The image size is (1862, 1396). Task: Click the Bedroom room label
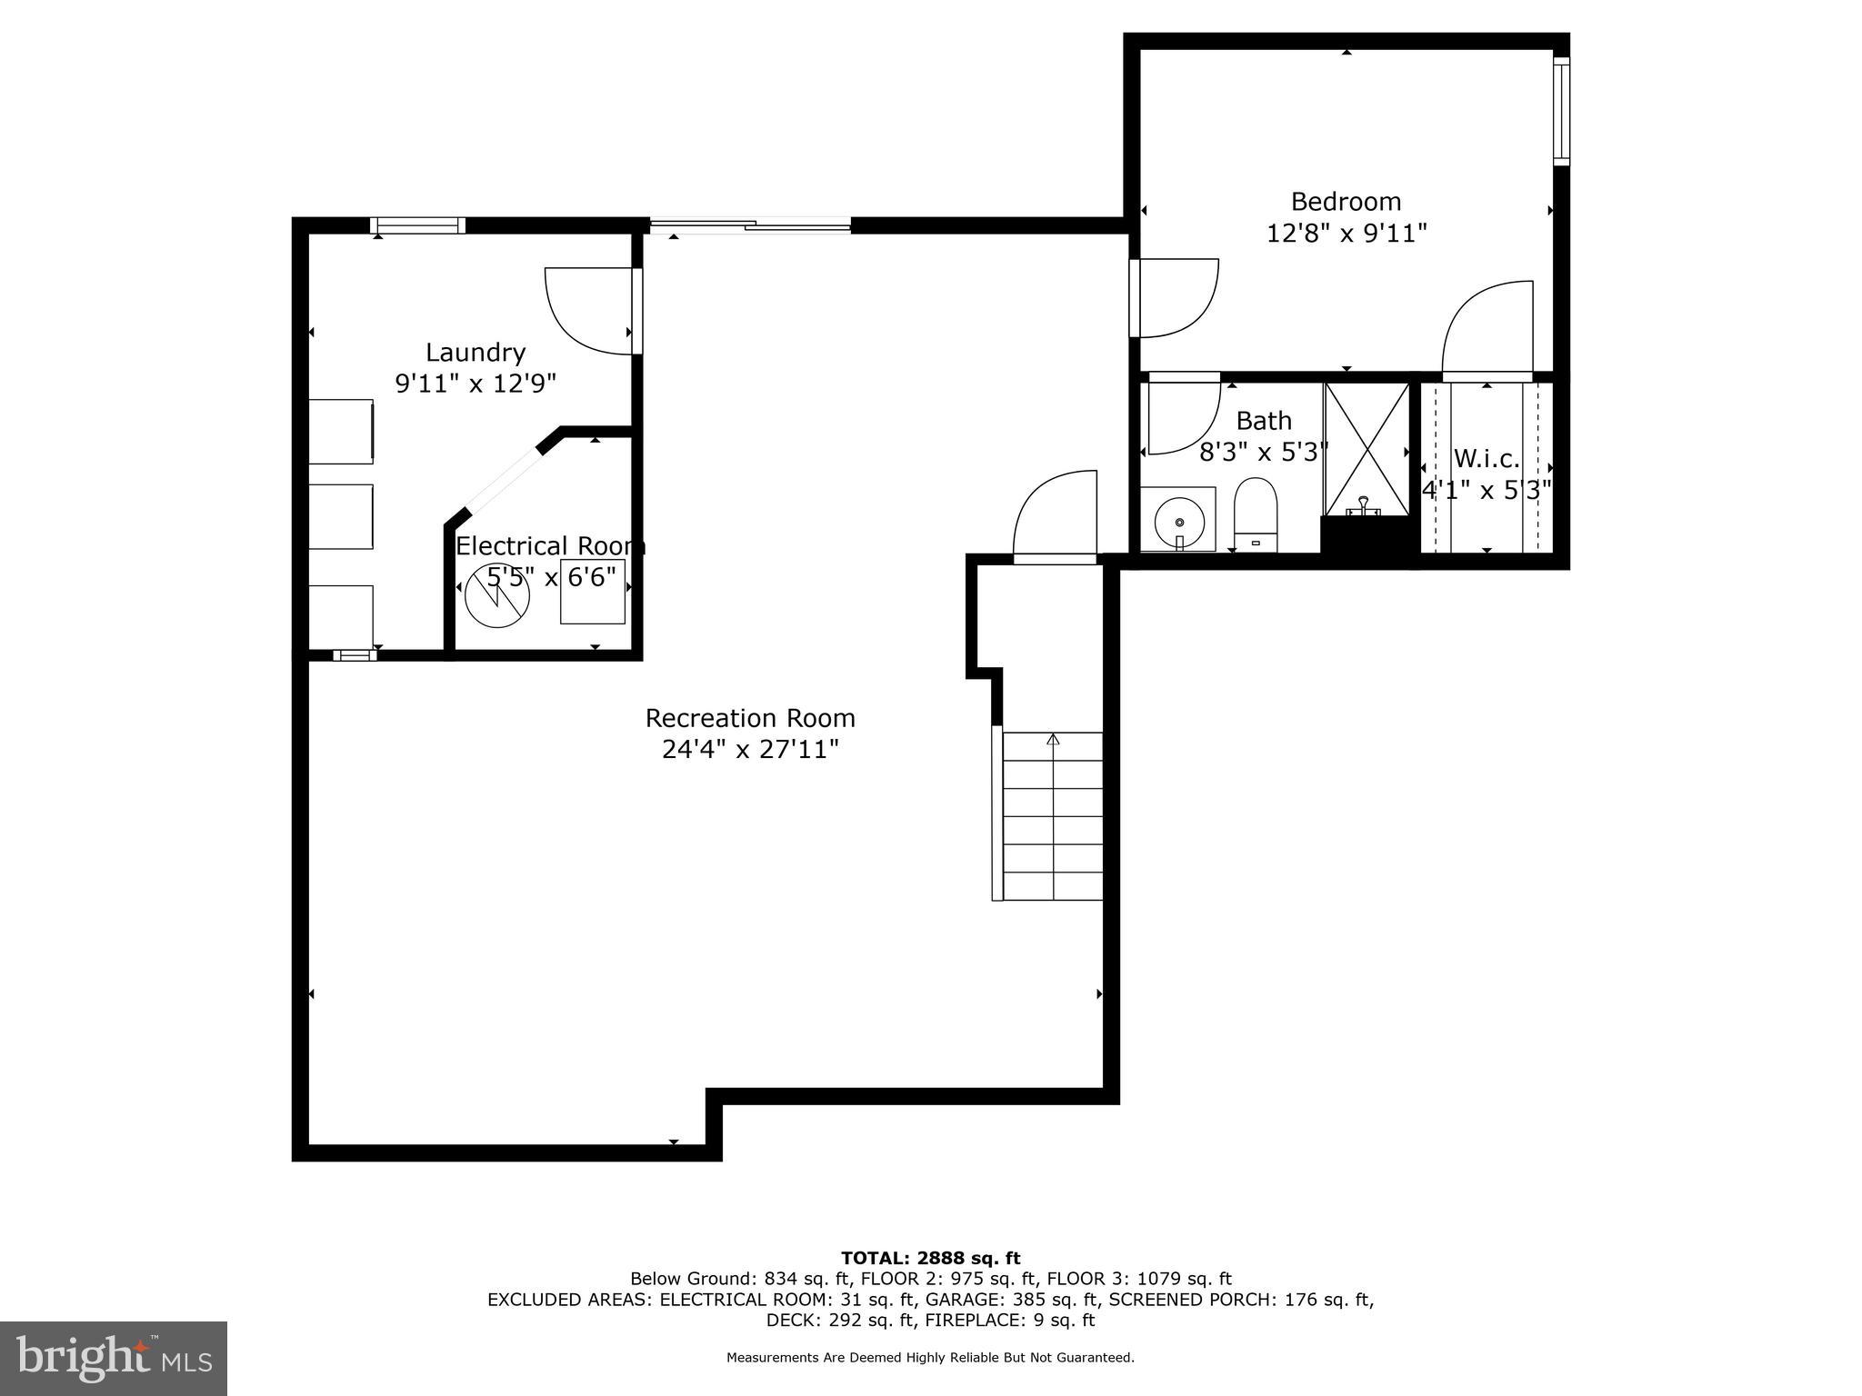[x=1346, y=201]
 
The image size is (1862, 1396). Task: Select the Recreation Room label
[x=750, y=718]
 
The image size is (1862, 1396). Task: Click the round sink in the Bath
[x=1178, y=523]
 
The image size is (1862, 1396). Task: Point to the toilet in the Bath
[x=1256, y=514]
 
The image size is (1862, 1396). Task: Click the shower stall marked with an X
[x=1366, y=448]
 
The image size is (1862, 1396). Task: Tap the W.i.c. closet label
[x=1487, y=458]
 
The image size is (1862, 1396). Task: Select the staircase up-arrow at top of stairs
[x=1053, y=739]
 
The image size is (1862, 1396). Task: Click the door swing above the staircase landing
[x=1056, y=514]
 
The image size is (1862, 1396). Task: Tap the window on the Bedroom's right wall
[x=1560, y=111]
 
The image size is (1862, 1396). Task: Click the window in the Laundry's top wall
[x=418, y=225]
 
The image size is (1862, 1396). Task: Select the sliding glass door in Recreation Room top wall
[x=750, y=224]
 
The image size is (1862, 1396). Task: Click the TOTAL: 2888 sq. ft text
[x=930, y=1258]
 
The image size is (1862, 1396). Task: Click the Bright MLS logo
[x=114, y=1358]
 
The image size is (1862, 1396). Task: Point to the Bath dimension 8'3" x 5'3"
[x=1264, y=452]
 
